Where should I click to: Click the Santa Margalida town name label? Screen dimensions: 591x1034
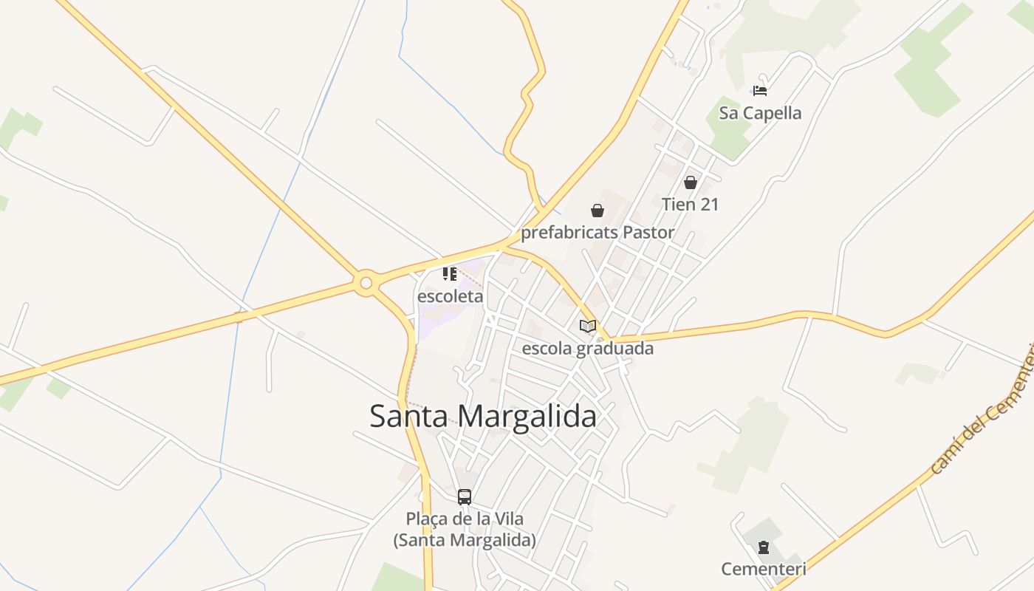[482, 416]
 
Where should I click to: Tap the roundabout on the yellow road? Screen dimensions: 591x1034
[366, 283]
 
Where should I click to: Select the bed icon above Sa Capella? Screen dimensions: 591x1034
[760, 91]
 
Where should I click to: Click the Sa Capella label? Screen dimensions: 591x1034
[760, 113]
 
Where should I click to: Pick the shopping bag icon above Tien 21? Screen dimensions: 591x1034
[691, 182]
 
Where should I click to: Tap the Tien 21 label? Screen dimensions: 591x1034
[690, 204]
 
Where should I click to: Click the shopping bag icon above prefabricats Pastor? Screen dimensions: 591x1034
[598, 211]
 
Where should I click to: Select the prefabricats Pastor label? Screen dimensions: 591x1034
[598, 233]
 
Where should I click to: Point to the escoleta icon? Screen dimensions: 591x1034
[450, 274]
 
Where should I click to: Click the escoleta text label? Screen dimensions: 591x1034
[450, 296]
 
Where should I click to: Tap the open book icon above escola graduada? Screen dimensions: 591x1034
[588, 326]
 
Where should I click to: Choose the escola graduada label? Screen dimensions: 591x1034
[588, 348]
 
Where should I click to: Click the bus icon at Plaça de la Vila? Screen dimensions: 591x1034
[465, 496]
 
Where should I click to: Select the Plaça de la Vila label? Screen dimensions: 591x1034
[465, 529]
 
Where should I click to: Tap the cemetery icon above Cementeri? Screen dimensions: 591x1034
[764, 547]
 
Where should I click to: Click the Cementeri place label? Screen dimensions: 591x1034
[764, 569]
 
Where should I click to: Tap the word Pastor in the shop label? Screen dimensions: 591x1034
[648, 233]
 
